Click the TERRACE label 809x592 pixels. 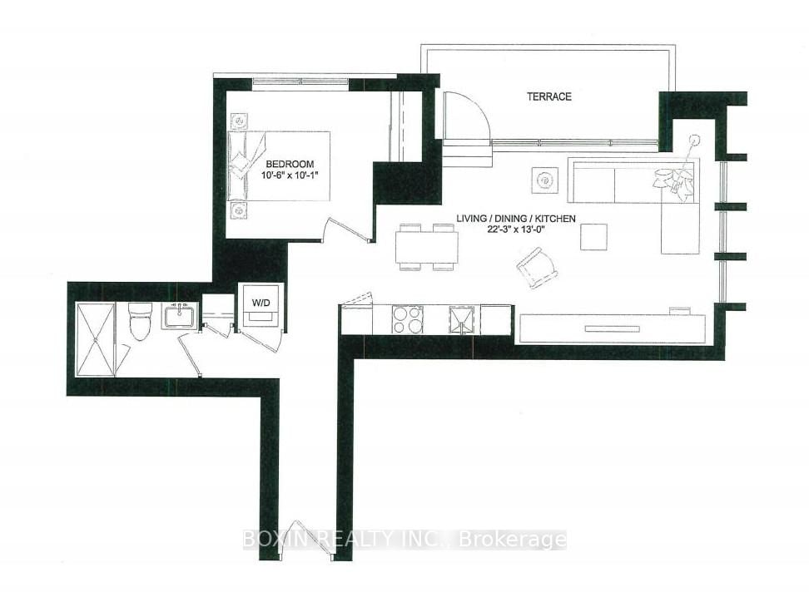[x=548, y=96]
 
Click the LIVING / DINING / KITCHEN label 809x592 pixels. [x=516, y=219]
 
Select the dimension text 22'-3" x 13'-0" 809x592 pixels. [x=516, y=230]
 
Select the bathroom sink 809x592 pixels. [x=178, y=317]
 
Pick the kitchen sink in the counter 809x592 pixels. [x=460, y=319]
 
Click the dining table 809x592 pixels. [x=426, y=247]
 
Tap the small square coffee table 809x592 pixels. [x=594, y=238]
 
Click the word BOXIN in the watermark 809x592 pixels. [x=266, y=540]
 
